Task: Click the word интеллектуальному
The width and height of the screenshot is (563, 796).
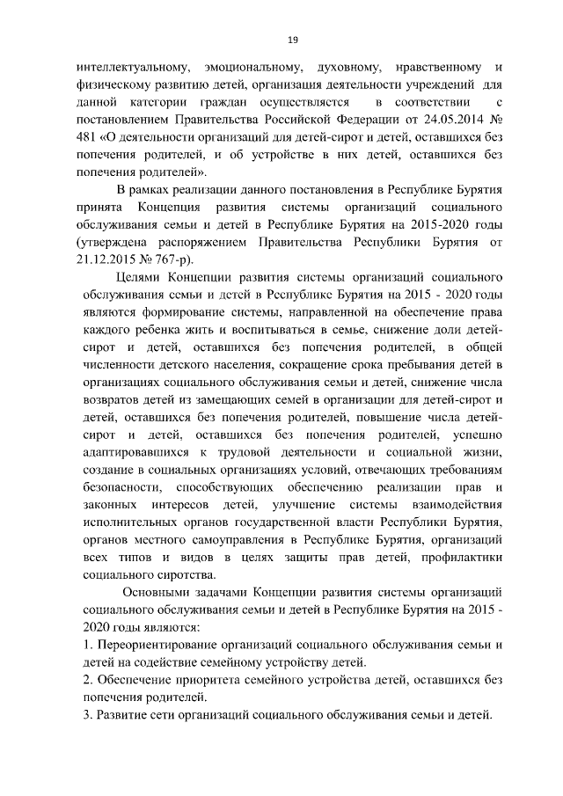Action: pyautogui.click(x=128, y=67)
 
